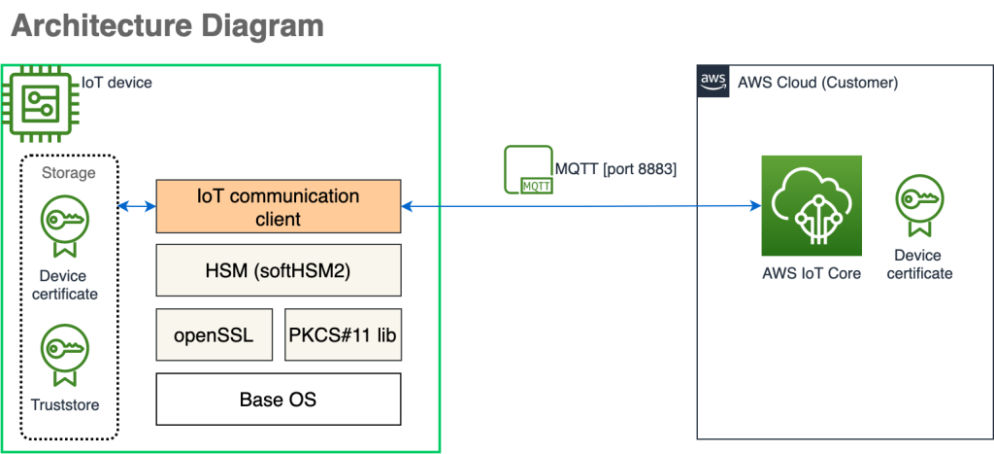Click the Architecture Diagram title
point(167,26)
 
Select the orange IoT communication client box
point(279,206)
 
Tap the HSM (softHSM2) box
point(279,269)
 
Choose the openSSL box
point(214,334)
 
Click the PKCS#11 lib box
point(343,334)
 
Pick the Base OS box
point(279,399)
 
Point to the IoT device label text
point(116,83)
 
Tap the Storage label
point(69,173)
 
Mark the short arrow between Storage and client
point(137,206)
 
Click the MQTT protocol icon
point(528,170)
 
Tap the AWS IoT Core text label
point(812,273)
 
